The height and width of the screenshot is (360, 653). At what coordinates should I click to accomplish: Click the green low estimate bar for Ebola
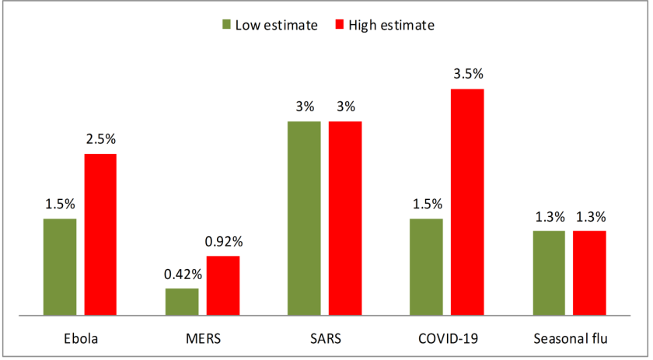(x=60, y=267)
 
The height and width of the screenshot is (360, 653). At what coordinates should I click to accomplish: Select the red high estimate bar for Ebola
(x=100, y=234)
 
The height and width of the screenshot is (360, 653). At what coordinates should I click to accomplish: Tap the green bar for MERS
(x=182, y=302)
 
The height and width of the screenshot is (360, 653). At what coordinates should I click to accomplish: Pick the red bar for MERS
(x=223, y=285)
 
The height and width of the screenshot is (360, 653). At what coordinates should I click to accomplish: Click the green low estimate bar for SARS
(x=304, y=218)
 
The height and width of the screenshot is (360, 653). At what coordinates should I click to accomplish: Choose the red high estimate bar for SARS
(x=345, y=218)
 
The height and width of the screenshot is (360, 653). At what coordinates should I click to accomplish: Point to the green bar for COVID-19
(x=426, y=267)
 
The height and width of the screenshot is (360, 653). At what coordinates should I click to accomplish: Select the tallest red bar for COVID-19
(x=467, y=201)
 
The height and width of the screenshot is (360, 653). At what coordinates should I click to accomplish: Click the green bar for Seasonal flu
(x=548, y=273)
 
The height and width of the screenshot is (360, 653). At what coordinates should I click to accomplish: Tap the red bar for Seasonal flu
(x=589, y=273)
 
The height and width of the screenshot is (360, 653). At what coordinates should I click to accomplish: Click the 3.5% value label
(x=468, y=75)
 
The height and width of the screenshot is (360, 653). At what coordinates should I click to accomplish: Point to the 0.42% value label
(x=182, y=274)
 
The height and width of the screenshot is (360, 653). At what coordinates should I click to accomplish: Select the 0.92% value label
(x=223, y=241)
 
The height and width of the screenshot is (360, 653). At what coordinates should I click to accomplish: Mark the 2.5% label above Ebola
(x=100, y=139)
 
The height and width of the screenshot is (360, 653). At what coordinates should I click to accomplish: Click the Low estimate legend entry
(x=269, y=25)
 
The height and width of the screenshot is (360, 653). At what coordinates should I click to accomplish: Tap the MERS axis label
(x=202, y=339)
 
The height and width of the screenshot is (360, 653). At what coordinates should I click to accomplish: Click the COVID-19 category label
(x=446, y=339)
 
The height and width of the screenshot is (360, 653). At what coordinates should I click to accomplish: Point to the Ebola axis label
(x=80, y=339)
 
